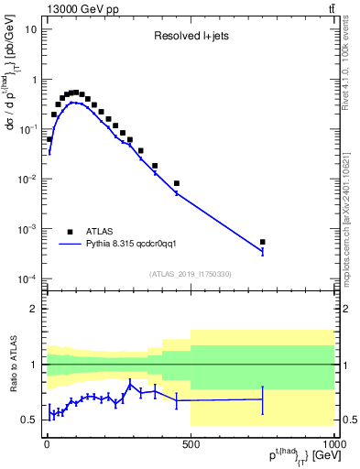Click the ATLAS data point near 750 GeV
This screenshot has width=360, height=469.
pyautogui.click(x=263, y=242)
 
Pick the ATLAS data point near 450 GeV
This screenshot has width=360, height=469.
pyautogui.click(x=177, y=183)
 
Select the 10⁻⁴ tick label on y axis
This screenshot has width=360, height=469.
pyautogui.click(x=27, y=278)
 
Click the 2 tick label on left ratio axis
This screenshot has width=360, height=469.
pyautogui.click(x=34, y=309)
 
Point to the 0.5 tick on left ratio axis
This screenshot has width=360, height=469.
pyautogui.click(x=29, y=420)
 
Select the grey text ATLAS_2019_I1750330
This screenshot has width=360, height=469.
pyautogui.click(x=191, y=274)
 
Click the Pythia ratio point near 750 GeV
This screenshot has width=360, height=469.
pyautogui.click(x=263, y=398)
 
